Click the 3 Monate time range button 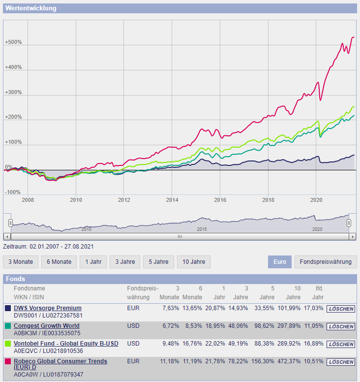tap(20, 262)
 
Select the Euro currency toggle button tap(280, 262)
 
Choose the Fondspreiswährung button tap(326, 262)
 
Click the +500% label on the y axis tap(13, 42)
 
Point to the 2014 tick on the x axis tap(172, 200)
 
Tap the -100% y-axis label tap(13, 192)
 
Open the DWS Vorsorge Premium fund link tap(48, 308)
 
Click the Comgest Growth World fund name tap(46, 326)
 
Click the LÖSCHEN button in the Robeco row tap(340, 362)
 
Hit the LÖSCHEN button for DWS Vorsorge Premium tap(340, 309)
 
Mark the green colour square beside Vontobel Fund tap(8, 344)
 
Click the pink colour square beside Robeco tap(8, 361)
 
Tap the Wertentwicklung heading tap(31, 8)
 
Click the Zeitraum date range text tap(48, 246)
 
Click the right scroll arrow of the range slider tap(352, 236)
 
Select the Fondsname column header tap(29, 288)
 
